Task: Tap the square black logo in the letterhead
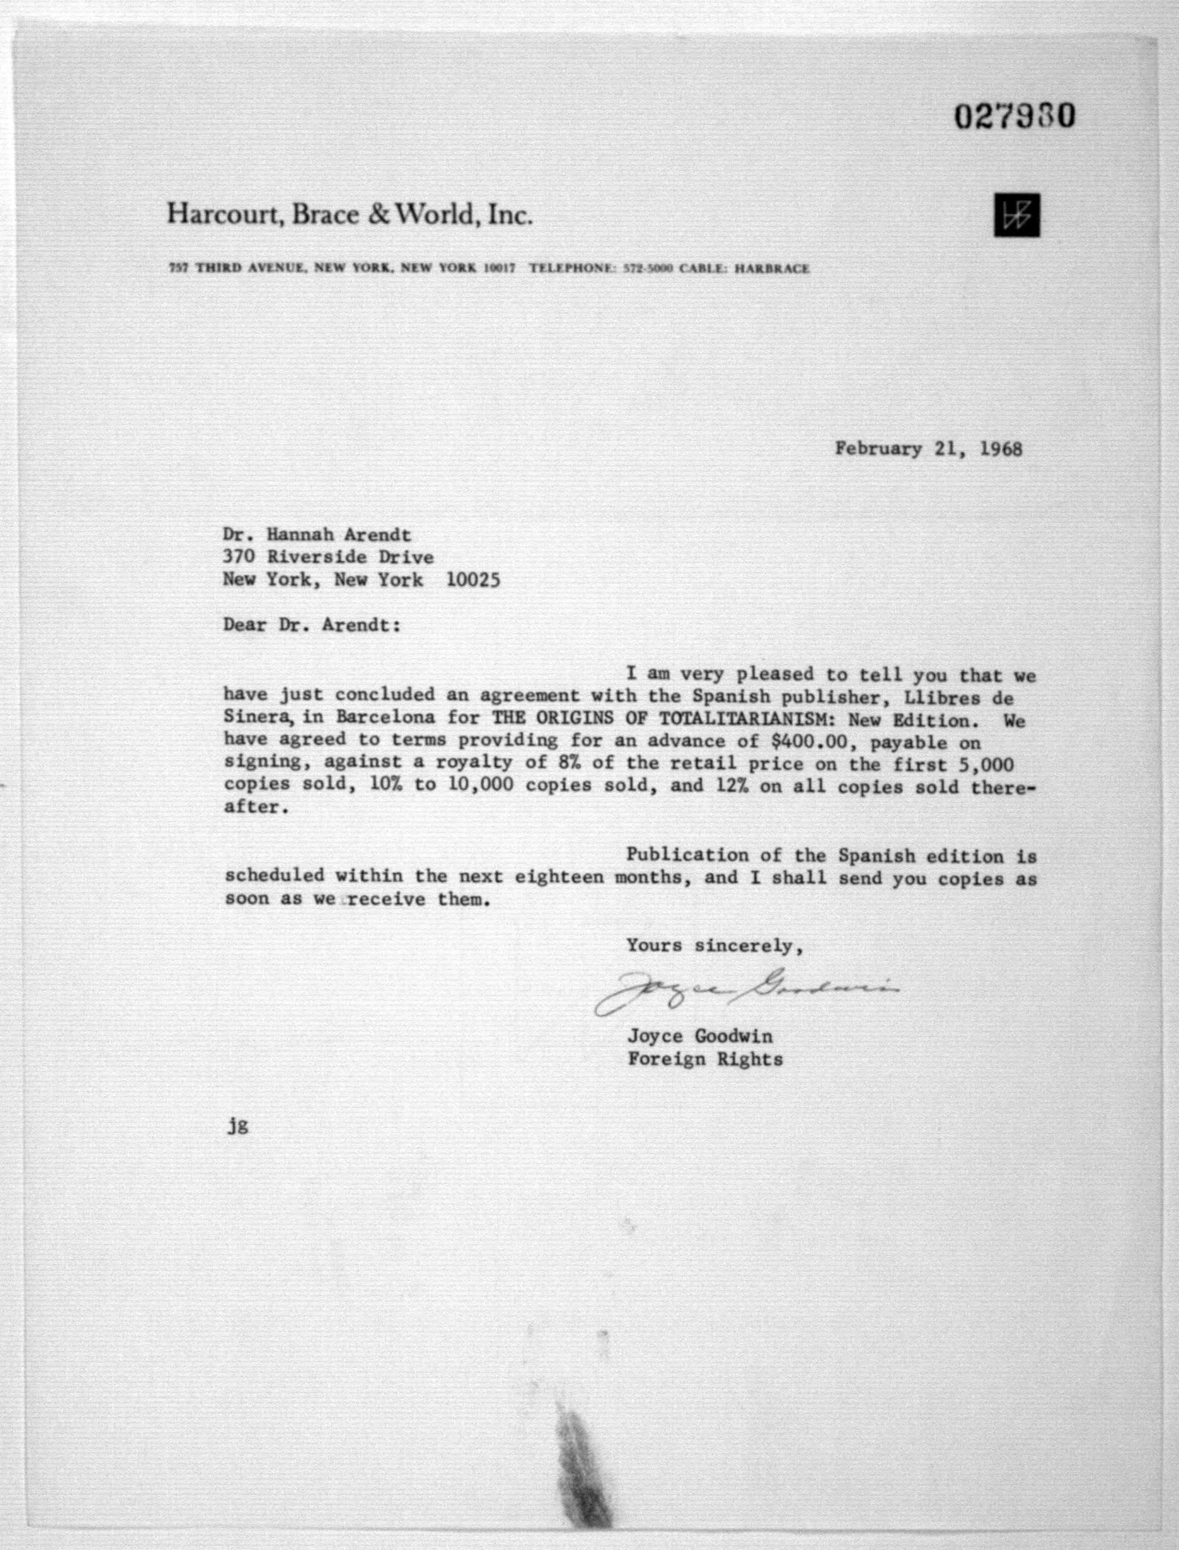pyautogui.click(x=1017, y=215)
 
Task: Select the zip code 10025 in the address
pyautogui.click(x=473, y=580)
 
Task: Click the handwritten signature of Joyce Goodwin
pyautogui.click(x=744, y=991)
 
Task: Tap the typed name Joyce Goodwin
pyautogui.click(x=699, y=1036)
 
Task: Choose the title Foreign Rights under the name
pyautogui.click(x=705, y=1059)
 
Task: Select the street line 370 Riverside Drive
pyautogui.click(x=328, y=557)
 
